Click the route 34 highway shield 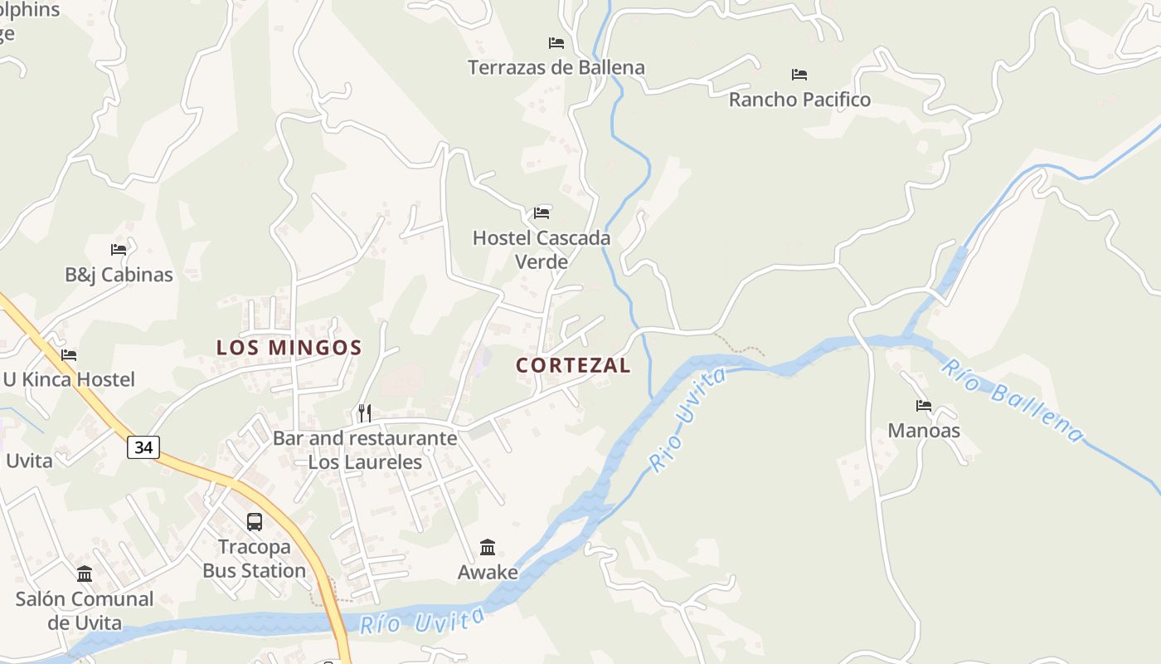tap(143, 447)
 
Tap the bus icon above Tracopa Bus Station tap(255, 522)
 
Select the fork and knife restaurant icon tap(365, 413)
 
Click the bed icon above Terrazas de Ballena tap(556, 43)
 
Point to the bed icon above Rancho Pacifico tap(799, 75)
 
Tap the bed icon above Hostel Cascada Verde tap(542, 213)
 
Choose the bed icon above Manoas tap(924, 406)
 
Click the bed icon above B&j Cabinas tap(119, 249)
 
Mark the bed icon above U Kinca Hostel tap(69, 355)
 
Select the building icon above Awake tap(488, 548)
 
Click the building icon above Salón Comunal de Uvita tap(85, 574)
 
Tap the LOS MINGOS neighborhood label tap(289, 348)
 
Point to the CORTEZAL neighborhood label tap(573, 365)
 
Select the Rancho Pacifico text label tap(799, 100)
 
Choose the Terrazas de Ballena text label tap(556, 68)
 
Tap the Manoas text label tap(924, 431)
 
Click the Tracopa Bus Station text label tap(255, 559)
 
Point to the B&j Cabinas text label tap(119, 275)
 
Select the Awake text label tap(488, 573)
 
